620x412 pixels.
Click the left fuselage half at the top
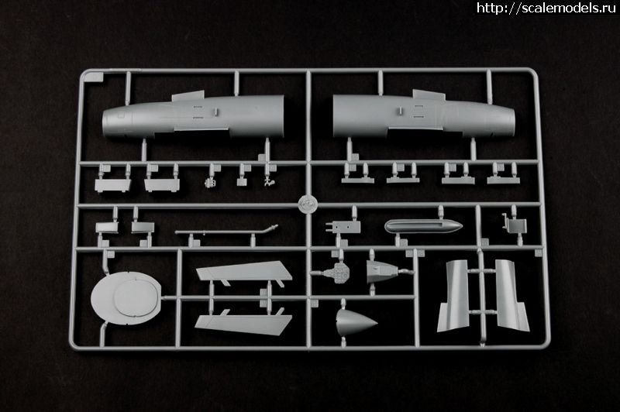coord(194,118)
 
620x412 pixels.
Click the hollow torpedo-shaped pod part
coord(422,227)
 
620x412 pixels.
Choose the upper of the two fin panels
coord(244,272)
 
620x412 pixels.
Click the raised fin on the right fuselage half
coord(425,95)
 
